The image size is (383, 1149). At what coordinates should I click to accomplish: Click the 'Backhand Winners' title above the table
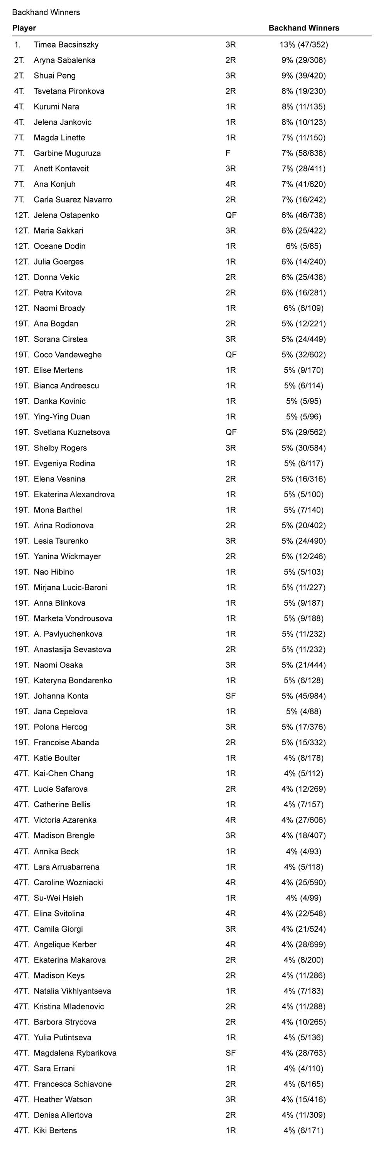[46, 12]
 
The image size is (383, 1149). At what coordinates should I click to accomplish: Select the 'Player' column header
[24, 28]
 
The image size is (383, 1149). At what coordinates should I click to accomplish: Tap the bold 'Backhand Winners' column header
[304, 28]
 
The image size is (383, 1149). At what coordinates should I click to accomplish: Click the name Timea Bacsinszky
[66, 44]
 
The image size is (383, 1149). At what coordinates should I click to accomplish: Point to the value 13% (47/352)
[304, 44]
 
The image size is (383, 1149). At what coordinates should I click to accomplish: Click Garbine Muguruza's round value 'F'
[228, 153]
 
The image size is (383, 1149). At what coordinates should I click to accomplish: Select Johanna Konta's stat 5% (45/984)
[304, 696]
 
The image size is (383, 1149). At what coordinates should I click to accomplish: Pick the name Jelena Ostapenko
[66, 215]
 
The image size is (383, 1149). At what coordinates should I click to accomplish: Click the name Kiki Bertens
[55, 1130]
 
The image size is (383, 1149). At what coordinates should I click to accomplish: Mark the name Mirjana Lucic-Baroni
[70, 587]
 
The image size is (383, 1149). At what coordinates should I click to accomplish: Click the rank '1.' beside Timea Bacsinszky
[17, 44]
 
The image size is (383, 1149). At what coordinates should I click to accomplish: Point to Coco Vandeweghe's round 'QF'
[231, 355]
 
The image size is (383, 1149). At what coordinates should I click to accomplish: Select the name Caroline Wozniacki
[68, 882]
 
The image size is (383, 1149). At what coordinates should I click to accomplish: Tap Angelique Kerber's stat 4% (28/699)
[304, 944]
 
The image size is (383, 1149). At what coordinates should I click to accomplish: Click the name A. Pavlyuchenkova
[68, 634]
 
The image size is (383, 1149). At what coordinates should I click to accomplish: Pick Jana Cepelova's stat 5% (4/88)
[304, 712]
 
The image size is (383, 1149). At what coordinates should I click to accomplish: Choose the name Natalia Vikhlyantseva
[72, 991]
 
